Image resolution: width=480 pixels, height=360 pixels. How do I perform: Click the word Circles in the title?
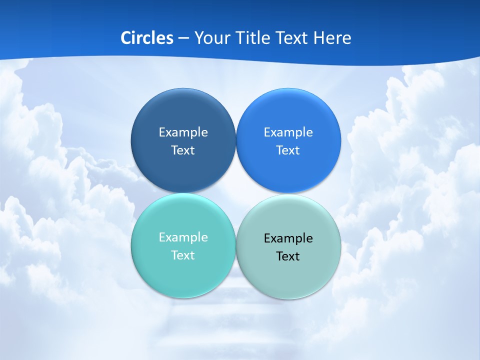pyautogui.click(x=147, y=38)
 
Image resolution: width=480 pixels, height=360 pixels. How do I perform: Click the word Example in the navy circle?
pyautogui.click(x=183, y=132)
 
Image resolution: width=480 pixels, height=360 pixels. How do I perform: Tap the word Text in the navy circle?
pyautogui.click(x=183, y=150)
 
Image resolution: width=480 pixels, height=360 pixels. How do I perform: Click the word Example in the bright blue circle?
pyautogui.click(x=288, y=132)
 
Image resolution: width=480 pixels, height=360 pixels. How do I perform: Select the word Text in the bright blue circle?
pyautogui.click(x=288, y=150)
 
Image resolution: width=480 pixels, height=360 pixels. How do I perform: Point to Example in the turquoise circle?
pyautogui.click(x=183, y=237)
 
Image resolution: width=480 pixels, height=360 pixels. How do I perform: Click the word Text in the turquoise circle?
pyautogui.click(x=183, y=255)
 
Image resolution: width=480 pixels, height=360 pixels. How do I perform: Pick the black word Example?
pyautogui.click(x=288, y=238)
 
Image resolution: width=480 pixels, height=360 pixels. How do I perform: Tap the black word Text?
pyautogui.click(x=288, y=256)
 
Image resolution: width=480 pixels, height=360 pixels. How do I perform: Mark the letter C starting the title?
pyautogui.click(x=125, y=38)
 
